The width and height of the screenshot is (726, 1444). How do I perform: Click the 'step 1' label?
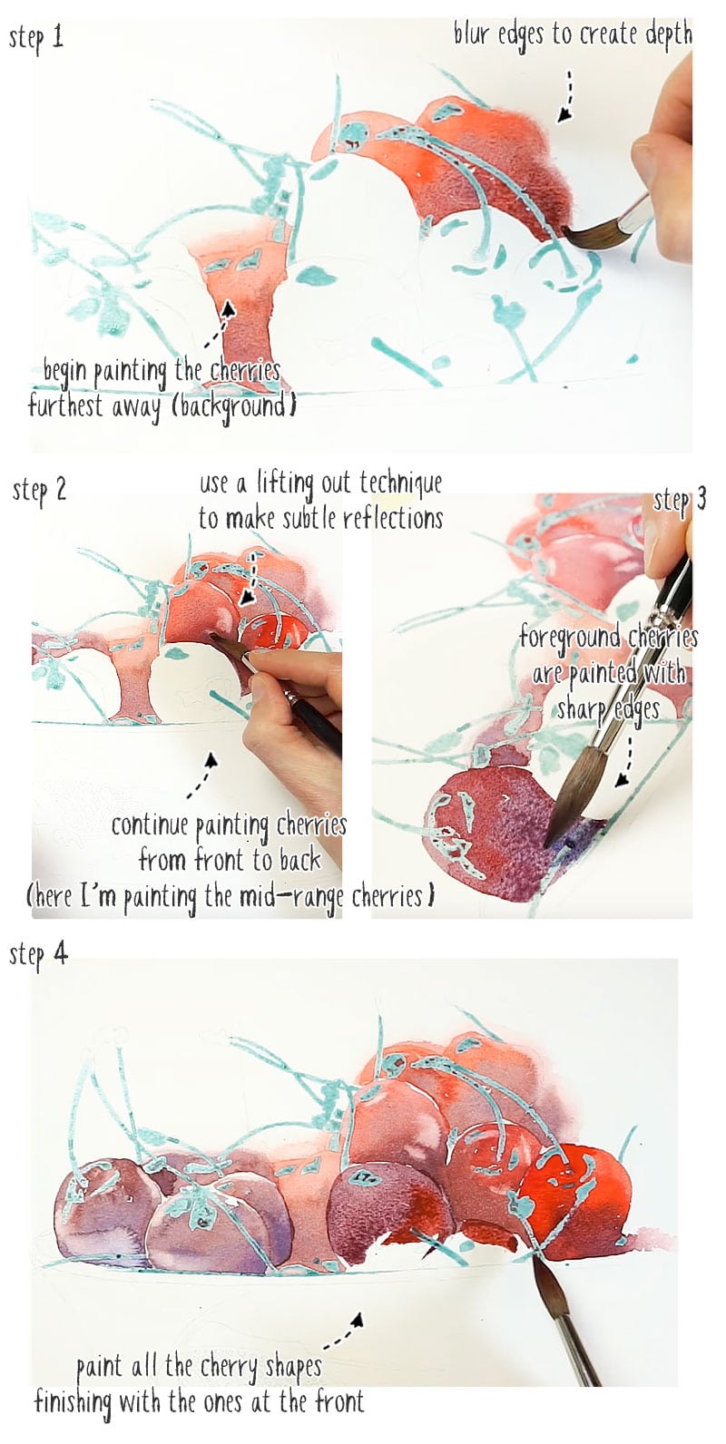(x=36, y=38)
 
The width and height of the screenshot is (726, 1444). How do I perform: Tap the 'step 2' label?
(x=40, y=491)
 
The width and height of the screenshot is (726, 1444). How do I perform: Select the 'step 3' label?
(x=680, y=500)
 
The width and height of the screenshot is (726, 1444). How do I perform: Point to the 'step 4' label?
(x=39, y=954)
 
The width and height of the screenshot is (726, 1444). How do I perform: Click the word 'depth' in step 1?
(x=668, y=35)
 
